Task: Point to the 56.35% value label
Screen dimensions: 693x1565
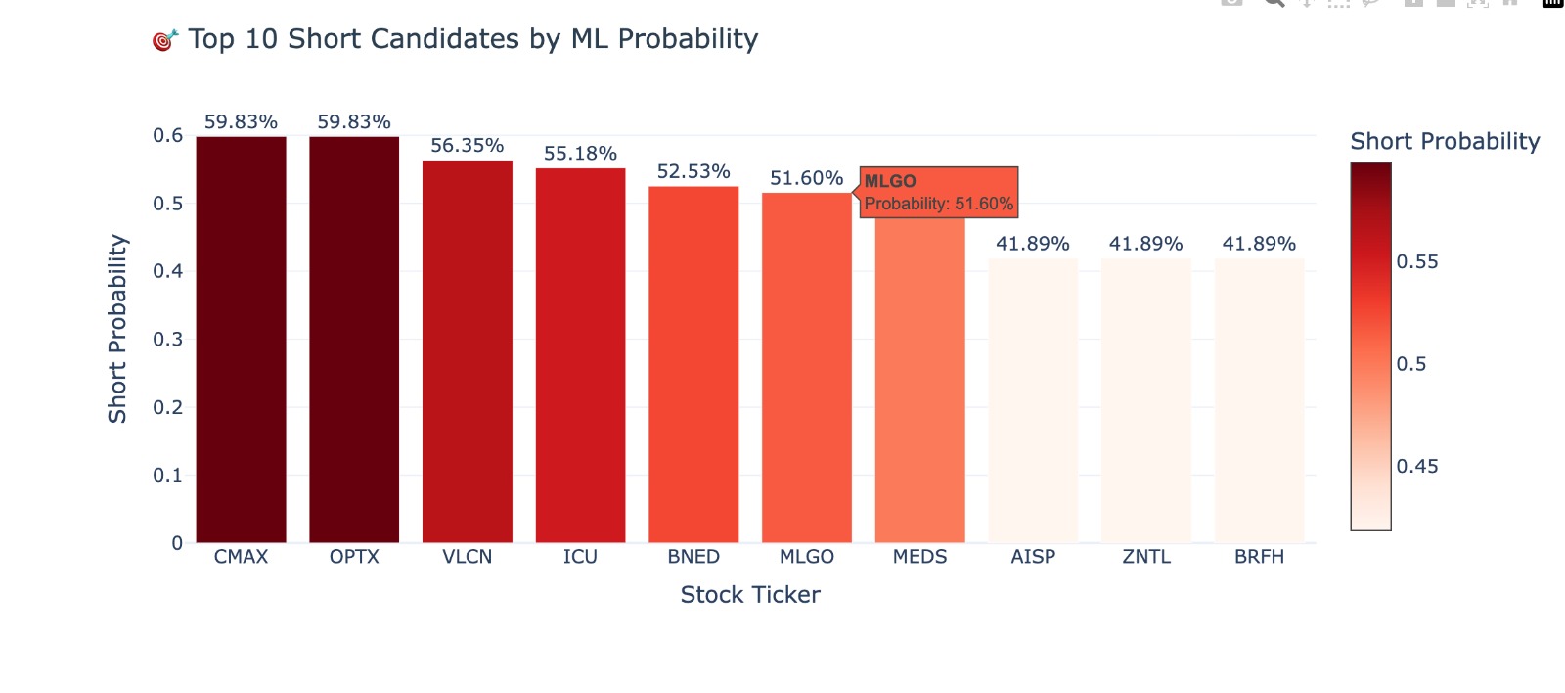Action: (468, 146)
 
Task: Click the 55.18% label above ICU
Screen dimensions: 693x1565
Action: (580, 154)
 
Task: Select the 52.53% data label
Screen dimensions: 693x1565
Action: (693, 172)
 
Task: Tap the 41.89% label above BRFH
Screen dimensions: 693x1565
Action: (1259, 244)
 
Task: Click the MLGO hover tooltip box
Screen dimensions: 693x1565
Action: (939, 192)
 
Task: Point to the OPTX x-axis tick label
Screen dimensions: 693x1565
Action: (354, 557)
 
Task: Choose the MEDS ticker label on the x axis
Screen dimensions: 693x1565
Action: (919, 557)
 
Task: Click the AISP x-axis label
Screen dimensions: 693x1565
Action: (1033, 557)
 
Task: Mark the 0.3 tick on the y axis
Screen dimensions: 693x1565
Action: (167, 340)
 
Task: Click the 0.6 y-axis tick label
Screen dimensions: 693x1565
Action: (167, 135)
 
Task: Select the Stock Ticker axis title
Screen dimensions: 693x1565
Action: (750, 595)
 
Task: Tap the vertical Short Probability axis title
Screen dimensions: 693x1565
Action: (117, 329)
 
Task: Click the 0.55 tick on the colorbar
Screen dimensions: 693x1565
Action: (1417, 262)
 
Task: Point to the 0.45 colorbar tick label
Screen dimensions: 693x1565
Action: (1417, 467)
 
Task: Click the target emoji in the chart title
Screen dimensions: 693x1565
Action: (164, 40)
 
